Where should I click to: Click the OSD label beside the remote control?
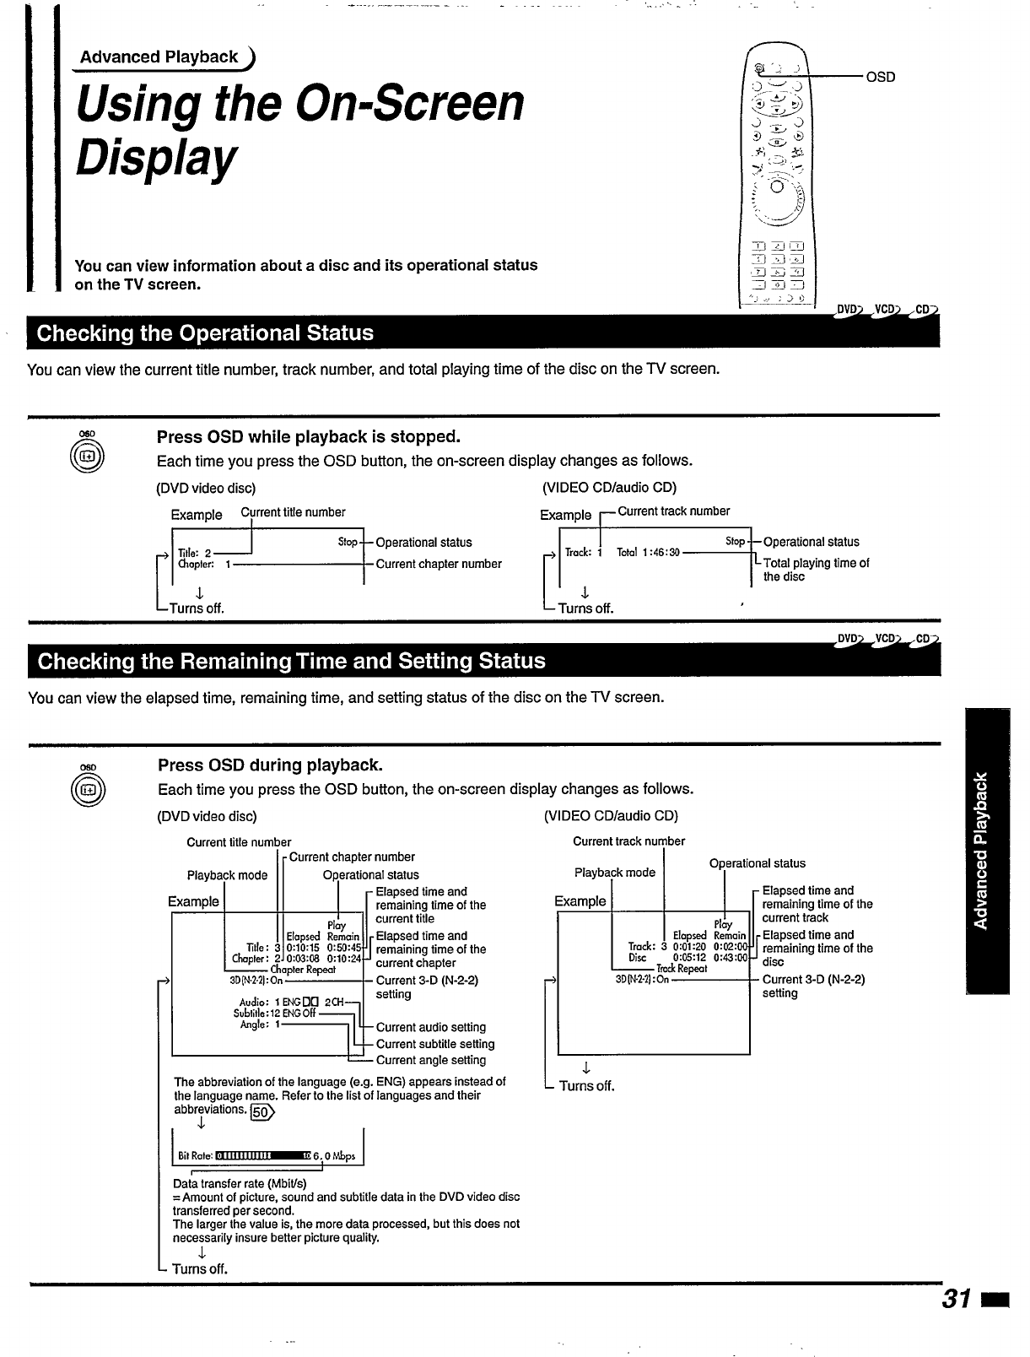(x=880, y=77)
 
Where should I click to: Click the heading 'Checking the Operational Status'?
(x=206, y=332)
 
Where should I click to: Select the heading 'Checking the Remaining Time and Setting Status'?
(x=292, y=661)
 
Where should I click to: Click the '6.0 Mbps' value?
(x=334, y=1156)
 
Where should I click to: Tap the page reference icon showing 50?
(x=263, y=1111)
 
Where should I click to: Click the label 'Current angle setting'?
(x=431, y=1060)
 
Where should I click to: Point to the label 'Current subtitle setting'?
(x=435, y=1044)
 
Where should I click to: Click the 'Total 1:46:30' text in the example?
(x=648, y=553)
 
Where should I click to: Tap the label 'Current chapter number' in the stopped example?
(x=439, y=564)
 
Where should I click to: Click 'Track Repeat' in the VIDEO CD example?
(x=682, y=969)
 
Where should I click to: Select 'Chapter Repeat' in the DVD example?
(x=303, y=970)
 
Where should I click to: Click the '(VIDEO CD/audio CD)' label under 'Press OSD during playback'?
(x=611, y=816)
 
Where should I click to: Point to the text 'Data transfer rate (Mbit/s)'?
(x=240, y=1183)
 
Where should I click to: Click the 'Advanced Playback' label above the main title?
(x=159, y=57)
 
